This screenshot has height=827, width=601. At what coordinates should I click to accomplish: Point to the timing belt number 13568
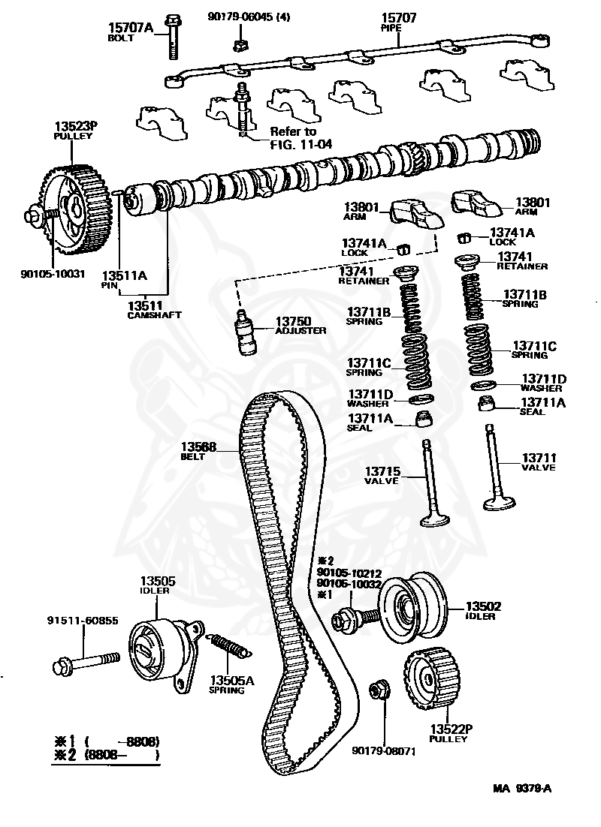click(198, 447)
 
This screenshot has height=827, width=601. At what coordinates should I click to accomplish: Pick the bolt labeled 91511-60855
click(86, 661)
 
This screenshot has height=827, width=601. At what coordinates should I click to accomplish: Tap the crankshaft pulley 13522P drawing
click(431, 680)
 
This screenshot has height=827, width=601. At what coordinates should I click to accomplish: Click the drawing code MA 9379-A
click(526, 789)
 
